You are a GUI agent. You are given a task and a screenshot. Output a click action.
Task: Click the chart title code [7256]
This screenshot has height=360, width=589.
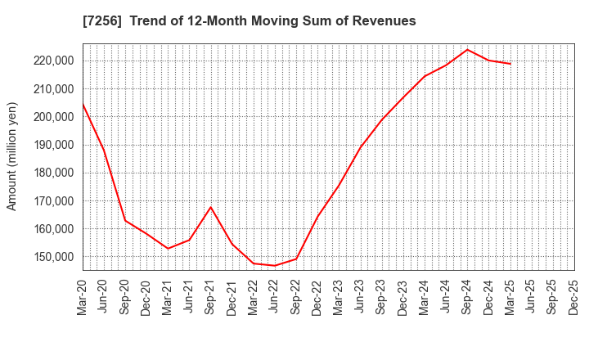click(101, 21)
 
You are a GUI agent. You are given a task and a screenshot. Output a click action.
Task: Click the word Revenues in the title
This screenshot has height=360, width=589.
click(379, 21)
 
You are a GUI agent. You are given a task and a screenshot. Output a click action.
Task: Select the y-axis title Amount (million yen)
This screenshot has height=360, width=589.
click(12, 156)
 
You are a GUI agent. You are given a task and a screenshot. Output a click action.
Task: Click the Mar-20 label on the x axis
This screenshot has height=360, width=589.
click(83, 295)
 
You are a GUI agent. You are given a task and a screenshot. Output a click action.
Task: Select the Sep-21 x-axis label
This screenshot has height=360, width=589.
click(211, 295)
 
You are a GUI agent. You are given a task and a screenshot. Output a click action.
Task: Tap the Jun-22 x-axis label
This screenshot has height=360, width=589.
click(275, 295)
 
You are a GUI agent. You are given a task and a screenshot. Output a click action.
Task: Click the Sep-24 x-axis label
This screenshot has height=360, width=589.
click(467, 295)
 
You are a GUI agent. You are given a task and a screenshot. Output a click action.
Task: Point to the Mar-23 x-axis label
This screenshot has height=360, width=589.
click(339, 295)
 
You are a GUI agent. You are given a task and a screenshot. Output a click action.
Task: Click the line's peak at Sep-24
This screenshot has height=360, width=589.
click(467, 49)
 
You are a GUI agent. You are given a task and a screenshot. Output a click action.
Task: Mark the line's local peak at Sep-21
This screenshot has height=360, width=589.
click(211, 207)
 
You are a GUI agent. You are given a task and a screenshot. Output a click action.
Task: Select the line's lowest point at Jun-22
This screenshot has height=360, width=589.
click(275, 265)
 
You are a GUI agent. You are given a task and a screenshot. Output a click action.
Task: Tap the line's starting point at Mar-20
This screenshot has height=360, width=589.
click(83, 104)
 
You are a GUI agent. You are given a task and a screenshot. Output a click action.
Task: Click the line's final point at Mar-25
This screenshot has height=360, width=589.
click(510, 64)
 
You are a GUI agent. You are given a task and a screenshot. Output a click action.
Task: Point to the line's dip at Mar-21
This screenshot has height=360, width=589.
click(168, 248)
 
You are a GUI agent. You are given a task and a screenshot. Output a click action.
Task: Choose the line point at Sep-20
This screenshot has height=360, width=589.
click(125, 220)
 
